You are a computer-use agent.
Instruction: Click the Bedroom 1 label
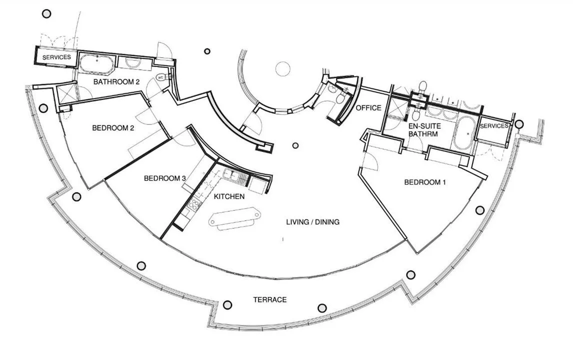point(424,182)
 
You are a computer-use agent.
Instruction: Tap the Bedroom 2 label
point(113,128)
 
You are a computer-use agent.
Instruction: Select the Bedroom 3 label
point(165,178)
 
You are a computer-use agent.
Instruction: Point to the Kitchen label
point(229,196)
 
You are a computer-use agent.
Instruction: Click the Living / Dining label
point(313,222)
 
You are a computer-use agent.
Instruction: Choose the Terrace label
point(270,299)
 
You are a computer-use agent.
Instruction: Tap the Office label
point(368,108)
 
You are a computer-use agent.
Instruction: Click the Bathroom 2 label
point(116,82)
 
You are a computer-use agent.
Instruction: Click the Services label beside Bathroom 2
point(56,57)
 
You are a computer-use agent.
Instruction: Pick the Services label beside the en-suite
point(493,126)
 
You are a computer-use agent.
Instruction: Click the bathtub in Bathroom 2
point(97,63)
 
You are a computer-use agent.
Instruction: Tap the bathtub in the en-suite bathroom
point(462,133)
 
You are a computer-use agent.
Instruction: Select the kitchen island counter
point(234,218)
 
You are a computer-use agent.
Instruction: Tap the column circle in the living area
point(295,145)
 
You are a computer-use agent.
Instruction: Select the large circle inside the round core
point(283,69)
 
